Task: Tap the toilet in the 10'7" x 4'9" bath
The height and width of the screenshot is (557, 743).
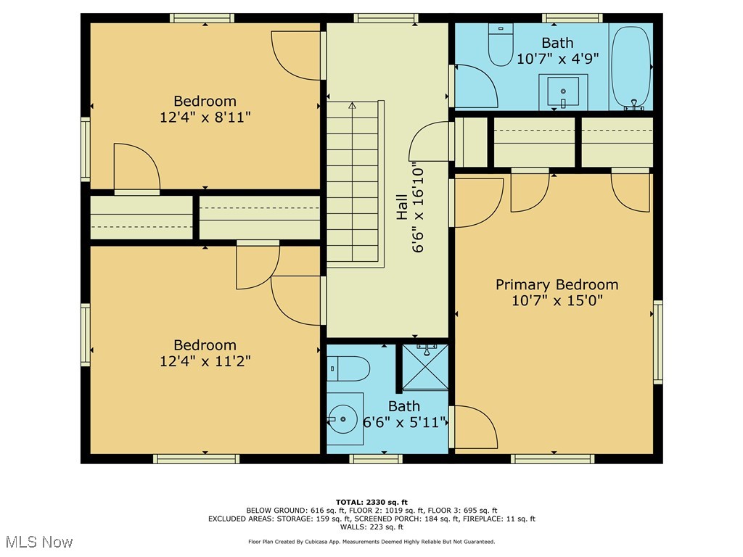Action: [x=501, y=45]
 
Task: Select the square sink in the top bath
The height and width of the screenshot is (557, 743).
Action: [x=563, y=91]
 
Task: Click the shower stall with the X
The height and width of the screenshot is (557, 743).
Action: [x=425, y=368]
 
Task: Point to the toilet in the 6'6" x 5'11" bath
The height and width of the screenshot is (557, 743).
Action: [x=348, y=368]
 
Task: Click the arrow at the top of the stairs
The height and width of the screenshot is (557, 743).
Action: [x=352, y=106]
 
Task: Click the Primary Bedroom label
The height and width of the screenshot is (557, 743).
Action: [x=557, y=284]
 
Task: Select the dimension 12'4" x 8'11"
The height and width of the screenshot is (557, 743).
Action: [x=205, y=117]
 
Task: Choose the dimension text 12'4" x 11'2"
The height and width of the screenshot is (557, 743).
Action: [x=205, y=361]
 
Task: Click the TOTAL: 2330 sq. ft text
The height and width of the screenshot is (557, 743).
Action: [x=371, y=502]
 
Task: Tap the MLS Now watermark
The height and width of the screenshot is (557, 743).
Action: [x=39, y=541]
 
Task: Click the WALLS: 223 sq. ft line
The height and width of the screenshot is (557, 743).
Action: [x=371, y=527]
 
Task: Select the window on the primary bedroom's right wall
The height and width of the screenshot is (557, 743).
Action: [x=657, y=341]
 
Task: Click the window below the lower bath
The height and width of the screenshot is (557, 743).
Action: [x=376, y=458]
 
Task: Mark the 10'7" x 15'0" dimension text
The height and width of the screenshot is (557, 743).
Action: [x=557, y=300]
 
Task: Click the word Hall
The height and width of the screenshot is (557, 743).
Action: [x=402, y=207]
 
